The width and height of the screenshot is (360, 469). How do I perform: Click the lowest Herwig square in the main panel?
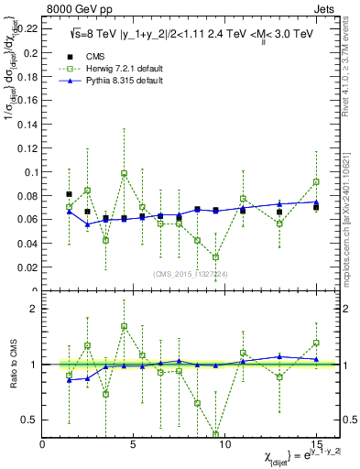pos(215,257)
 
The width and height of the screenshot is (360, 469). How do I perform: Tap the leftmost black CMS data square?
pos(70,194)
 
